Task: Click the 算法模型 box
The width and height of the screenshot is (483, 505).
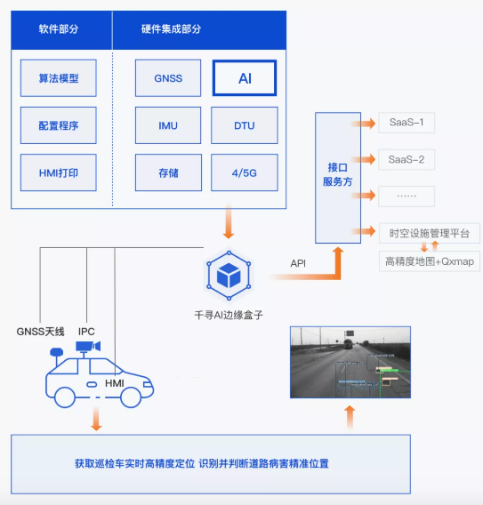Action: (x=60, y=78)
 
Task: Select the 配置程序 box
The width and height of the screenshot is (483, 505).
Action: (x=60, y=125)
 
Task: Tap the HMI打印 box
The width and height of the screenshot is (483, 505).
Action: (x=60, y=172)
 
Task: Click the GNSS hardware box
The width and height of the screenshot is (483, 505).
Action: (x=168, y=78)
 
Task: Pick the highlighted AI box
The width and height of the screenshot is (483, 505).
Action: (x=245, y=78)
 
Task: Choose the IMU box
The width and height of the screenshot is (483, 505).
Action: (x=168, y=125)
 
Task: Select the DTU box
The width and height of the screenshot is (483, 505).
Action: (x=245, y=125)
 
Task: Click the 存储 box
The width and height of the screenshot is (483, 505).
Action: (x=168, y=172)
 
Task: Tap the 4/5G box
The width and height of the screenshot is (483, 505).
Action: (x=245, y=172)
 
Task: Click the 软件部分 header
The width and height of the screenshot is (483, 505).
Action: (x=59, y=28)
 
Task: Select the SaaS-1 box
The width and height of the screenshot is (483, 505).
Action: (x=407, y=122)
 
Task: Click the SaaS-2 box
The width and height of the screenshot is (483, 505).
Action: (x=407, y=160)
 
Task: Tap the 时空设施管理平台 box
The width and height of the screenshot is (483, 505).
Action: (x=429, y=233)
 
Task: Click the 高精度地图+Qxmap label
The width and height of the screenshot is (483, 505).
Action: (x=429, y=261)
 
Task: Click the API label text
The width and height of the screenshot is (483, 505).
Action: (x=299, y=263)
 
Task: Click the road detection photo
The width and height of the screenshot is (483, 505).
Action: (x=350, y=361)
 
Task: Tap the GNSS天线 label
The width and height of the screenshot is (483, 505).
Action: (x=41, y=331)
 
